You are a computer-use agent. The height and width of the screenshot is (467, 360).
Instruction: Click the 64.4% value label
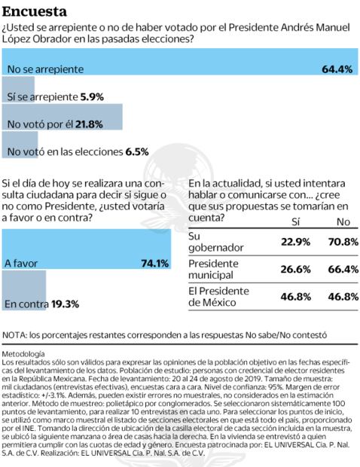(x=337, y=69)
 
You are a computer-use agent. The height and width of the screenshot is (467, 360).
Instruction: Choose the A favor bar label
(x=20, y=264)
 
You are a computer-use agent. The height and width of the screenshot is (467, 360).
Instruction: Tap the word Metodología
(x=23, y=353)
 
